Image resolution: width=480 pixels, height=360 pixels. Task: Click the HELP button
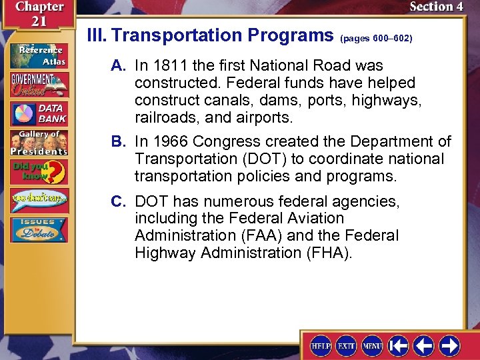pos(321,346)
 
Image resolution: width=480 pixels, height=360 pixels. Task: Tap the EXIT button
pos(347,346)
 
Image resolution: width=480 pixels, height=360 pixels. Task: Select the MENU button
pos(372,346)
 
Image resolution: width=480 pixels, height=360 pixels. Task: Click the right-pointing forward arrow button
pos(449,346)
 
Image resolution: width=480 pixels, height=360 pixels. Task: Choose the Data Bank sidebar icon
pos(38,114)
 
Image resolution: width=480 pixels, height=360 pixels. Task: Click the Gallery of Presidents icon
pos(38,143)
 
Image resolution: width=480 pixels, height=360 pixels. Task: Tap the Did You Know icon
pos(38,172)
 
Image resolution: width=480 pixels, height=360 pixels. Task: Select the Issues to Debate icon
pos(38,229)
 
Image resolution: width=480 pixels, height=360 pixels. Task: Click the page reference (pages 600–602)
pos(376,39)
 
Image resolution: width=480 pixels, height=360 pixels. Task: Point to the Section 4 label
pos(435,7)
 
